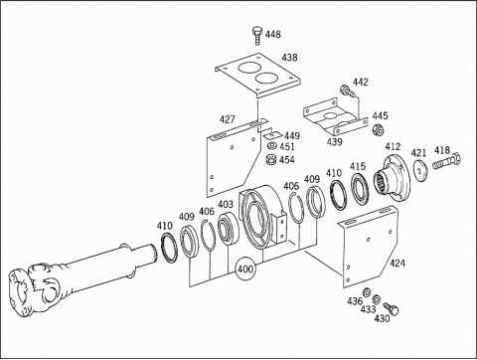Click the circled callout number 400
245,269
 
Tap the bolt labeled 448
257,36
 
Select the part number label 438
290,58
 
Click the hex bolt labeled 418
446,161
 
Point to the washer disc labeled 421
420,170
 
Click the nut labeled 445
378,129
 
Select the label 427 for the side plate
228,119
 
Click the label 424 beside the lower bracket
397,264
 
